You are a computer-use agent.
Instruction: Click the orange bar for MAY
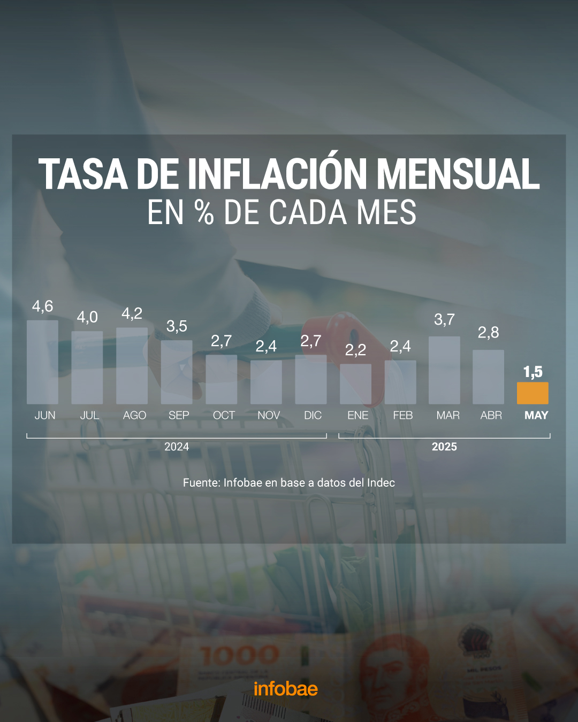533,393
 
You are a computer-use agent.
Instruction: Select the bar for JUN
42,362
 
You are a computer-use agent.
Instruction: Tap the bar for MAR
444,370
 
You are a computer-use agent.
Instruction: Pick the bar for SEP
177,372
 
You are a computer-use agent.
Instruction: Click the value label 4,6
43,306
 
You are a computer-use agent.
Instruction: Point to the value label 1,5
533,372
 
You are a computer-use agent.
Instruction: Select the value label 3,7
444,320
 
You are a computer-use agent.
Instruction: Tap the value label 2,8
488,333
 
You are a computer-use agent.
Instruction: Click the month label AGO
134,416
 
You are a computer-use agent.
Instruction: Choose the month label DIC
313,416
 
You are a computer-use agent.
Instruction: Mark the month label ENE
358,416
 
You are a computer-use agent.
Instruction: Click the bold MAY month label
536,416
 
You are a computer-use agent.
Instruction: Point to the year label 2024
177,447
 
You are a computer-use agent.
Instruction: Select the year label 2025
444,447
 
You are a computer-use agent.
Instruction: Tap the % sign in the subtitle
204,212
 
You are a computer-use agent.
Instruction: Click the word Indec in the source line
381,483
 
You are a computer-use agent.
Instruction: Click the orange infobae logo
286,689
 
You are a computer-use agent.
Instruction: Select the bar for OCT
222,380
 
